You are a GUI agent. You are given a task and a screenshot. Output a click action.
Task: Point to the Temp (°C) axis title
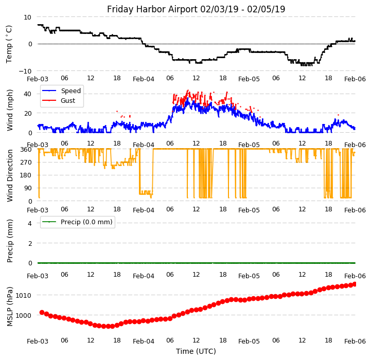(10, 44)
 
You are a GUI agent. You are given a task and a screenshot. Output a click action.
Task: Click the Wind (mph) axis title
(10, 110)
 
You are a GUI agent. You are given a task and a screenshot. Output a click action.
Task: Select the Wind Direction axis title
(10, 175)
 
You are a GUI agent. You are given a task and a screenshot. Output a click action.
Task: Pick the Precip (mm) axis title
(10, 240)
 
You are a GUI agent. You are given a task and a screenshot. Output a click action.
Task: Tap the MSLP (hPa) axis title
(10, 306)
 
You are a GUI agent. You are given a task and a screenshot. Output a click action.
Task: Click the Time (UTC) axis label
(196, 351)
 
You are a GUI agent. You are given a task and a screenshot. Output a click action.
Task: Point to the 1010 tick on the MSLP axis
(24, 295)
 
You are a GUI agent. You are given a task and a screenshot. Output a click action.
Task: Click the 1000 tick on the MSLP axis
(24, 315)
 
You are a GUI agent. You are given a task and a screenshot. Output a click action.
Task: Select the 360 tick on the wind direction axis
(26, 149)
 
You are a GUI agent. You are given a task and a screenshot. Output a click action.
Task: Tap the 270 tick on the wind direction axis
(26, 162)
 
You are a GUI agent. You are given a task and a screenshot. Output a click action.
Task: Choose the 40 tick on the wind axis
(28, 94)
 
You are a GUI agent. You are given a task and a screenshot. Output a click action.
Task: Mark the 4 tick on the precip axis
(30, 223)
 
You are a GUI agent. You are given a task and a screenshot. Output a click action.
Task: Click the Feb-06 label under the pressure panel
(355, 341)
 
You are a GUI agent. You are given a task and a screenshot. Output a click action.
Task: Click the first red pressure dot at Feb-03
(42, 312)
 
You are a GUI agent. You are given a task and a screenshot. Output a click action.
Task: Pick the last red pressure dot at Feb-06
(355, 284)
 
